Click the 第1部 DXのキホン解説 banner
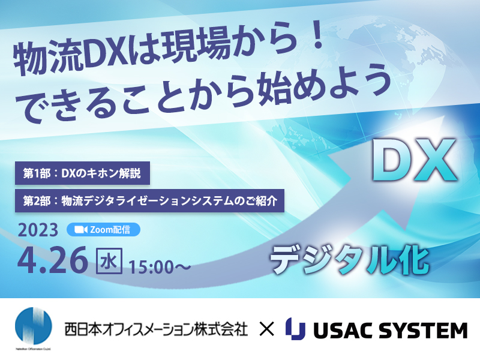point(82,173)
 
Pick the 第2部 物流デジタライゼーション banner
point(149,201)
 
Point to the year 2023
point(38,230)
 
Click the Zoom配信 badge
point(103,230)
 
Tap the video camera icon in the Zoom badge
point(81,230)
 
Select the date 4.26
point(52,261)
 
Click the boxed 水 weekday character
point(109,261)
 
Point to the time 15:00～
point(160,267)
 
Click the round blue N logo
point(34,326)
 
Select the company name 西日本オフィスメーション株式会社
point(156,329)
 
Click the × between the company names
point(266,329)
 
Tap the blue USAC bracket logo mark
point(295,329)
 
